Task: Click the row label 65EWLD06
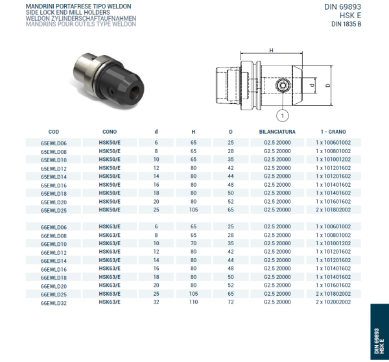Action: [54, 143]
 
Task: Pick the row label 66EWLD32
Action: [54, 302]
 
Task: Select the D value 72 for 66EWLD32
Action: [230, 302]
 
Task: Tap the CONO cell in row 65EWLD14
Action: [109, 176]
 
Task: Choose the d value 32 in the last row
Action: [156, 302]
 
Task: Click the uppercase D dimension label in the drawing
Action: [328, 85]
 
